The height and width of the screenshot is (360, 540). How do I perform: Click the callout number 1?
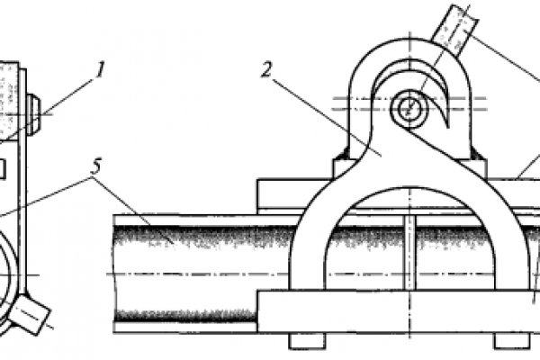click(x=100, y=70)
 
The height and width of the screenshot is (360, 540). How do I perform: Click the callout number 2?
click(x=267, y=70)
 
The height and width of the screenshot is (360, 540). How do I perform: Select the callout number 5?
click(x=96, y=166)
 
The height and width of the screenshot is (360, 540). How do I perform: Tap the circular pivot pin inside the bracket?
click(x=409, y=109)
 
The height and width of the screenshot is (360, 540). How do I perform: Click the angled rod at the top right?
click(x=454, y=28)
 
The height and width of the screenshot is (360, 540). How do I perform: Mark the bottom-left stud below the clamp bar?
click(x=307, y=341)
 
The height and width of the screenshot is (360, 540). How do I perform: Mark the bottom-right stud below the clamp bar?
click(x=512, y=341)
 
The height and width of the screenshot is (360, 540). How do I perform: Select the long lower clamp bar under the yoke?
click(x=399, y=311)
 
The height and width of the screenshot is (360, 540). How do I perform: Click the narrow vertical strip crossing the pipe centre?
click(x=409, y=252)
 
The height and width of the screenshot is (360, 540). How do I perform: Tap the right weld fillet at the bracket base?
click(x=478, y=153)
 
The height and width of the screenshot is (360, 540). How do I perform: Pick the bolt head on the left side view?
click(x=34, y=114)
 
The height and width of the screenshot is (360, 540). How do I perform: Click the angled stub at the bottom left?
click(x=30, y=314)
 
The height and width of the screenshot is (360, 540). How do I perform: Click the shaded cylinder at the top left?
click(x=8, y=101)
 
